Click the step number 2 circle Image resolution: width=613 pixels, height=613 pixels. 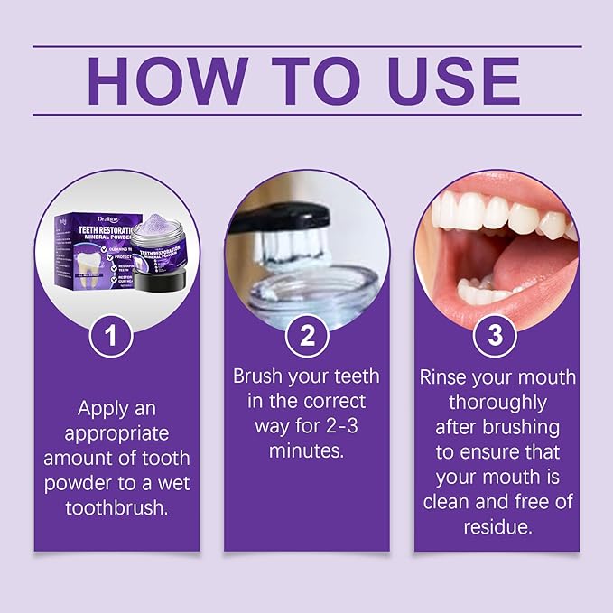click(307, 337)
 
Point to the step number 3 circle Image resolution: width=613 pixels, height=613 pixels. click(495, 337)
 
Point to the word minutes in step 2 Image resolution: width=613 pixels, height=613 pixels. click(307, 450)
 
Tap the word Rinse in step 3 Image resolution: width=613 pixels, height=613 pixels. click(443, 376)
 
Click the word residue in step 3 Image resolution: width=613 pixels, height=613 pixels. click(496, 525)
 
